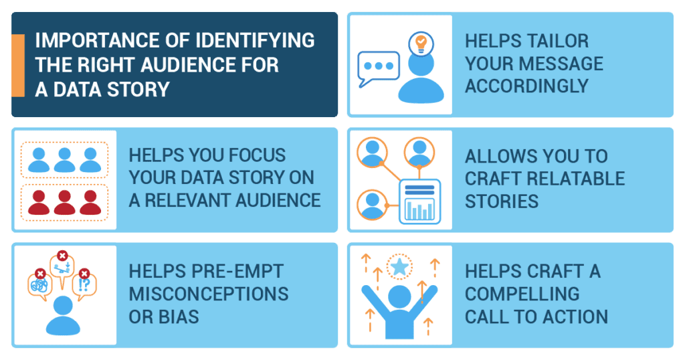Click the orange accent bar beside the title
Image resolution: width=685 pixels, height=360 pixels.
coord(18,65)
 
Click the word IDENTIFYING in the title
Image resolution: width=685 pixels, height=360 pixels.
coord(255,40)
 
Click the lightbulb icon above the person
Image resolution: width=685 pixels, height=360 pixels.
coord(421,43)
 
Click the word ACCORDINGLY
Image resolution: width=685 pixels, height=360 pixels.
coord(527,86)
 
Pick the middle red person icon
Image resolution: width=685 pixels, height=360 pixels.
coord(65,202)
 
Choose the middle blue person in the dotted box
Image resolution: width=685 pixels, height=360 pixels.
coord(65,160)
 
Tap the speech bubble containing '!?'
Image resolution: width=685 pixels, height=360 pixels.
coord(84,285)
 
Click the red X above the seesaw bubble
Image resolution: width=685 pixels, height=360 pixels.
coord(62,256)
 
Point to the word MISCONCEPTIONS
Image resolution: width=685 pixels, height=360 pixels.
coord(209,294)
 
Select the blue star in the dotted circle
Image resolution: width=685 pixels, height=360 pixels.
coord(400,266)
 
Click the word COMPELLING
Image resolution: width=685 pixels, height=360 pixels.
coord(522,294)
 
